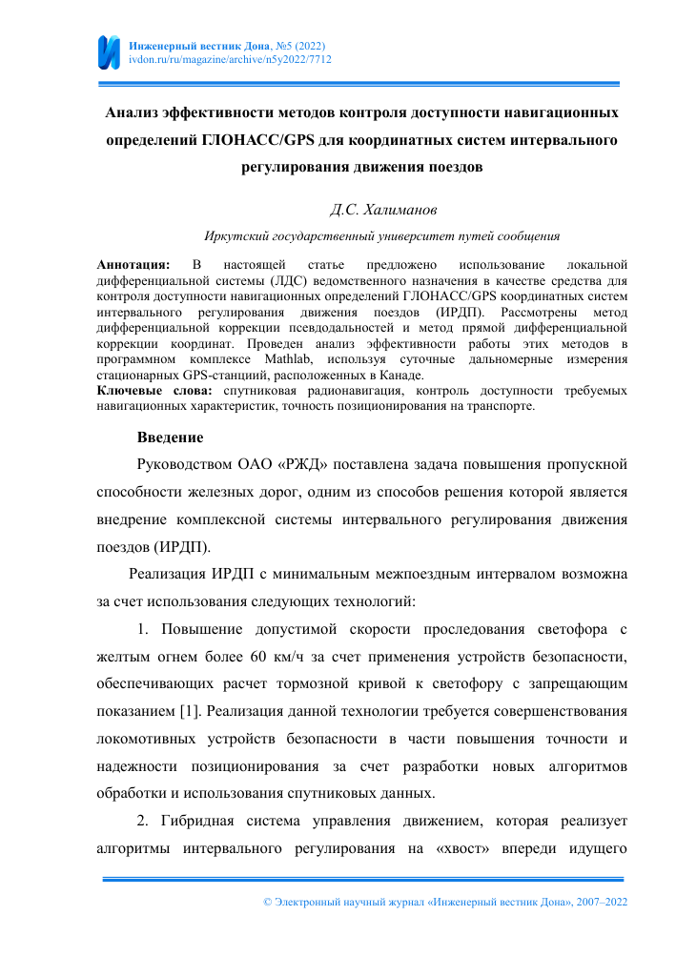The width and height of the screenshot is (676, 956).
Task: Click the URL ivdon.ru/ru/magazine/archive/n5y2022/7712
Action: (x=230, y=59)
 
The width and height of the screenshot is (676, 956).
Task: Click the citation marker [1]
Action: (x=188, y=710)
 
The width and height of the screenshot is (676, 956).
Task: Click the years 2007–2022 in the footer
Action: (x=597, y=901)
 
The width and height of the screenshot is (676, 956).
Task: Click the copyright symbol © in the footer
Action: (x=267, y=901)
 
